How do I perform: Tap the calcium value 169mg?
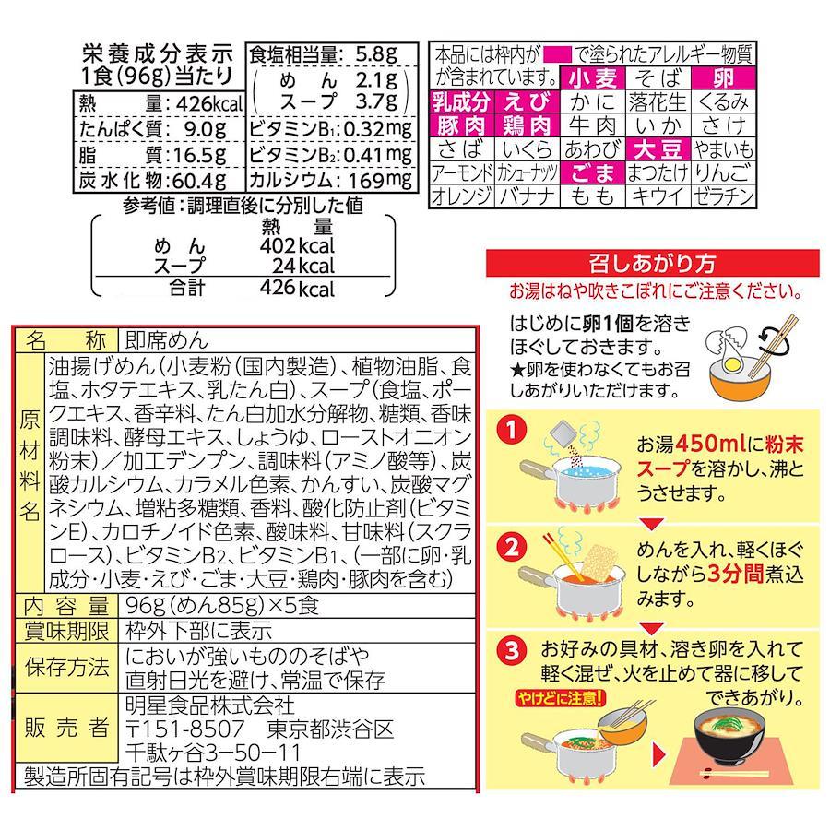click(x=380, y=181)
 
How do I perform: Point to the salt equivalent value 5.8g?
click(x=376, y=54)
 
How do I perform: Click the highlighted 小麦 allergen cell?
click(x=593, y=78)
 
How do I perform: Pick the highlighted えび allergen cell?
click(x=527, y=102)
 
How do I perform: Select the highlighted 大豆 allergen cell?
click(x=658, y=149)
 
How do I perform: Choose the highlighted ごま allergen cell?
click(x=593, y=173)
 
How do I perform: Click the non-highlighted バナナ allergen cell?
click(x=527, y=196)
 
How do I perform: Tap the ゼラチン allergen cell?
click(x=723, y=196)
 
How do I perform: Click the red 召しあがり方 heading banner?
click(x=652, y=263)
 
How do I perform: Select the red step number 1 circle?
click(x=511, y=431)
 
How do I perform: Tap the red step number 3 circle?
click(x=511, y=650)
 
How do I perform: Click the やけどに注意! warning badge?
click(x=560, y=699)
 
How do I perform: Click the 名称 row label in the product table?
click(x=66, y=339)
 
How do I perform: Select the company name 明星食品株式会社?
click(x=210, y=705)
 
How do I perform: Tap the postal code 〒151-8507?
click(x=185, y=729)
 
